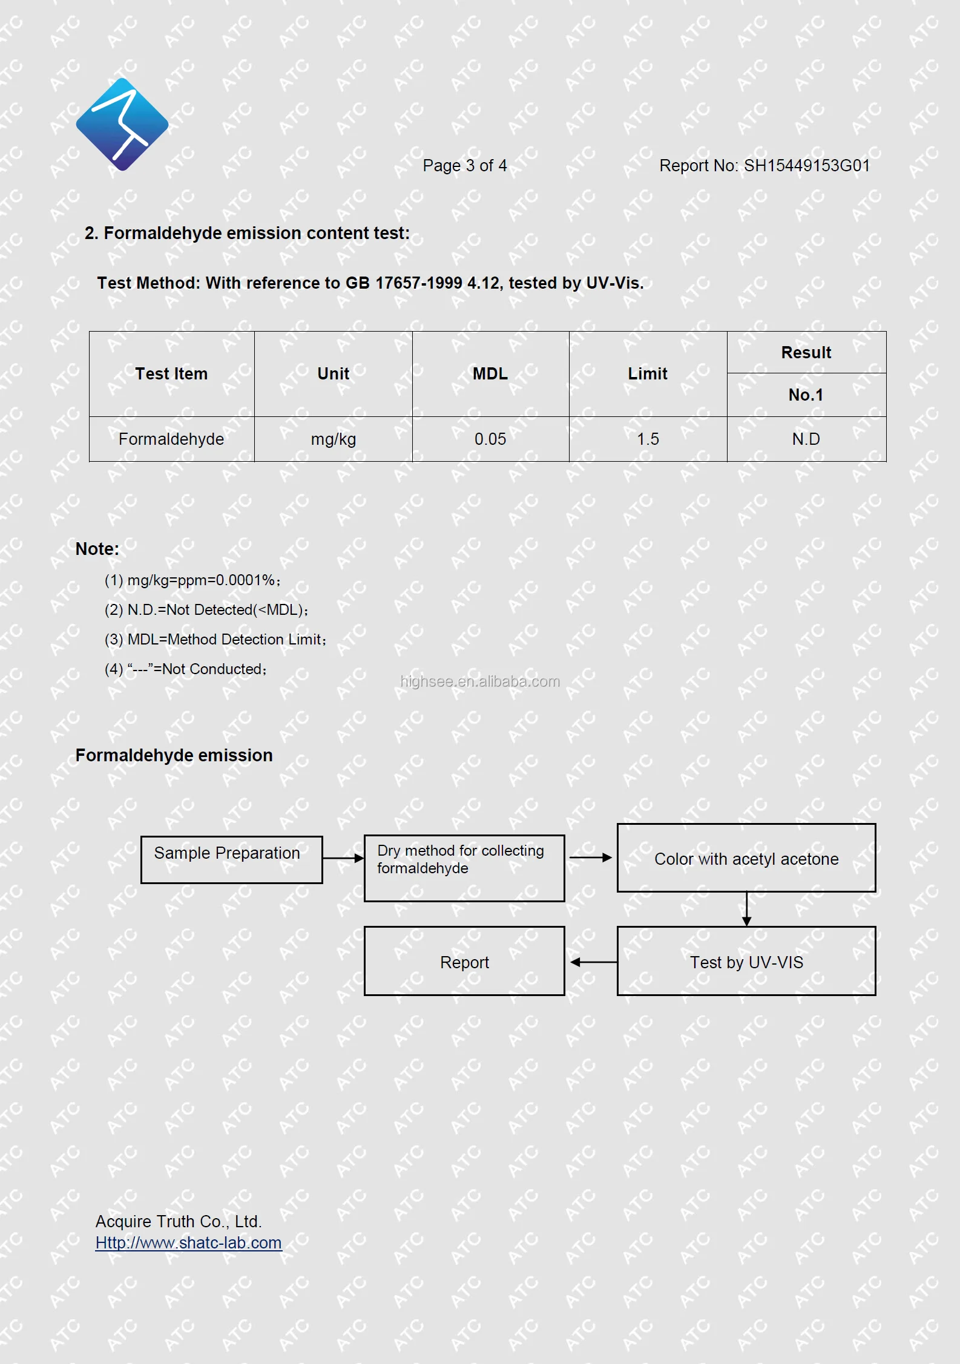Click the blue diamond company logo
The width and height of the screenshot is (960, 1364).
[x=122, y=124]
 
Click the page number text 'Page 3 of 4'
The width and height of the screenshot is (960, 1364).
[x=464, y=166]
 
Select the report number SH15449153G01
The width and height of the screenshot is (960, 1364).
[x=806, y=166]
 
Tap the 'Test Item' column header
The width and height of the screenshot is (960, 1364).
[x=171, y=374]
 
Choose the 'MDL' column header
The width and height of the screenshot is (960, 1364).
[x=490, y=374]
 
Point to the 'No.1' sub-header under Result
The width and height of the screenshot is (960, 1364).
[x=806, y=395]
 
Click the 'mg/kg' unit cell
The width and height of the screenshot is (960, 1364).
[x=334, y=439]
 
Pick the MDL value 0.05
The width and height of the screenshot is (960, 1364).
[x=490, y=439]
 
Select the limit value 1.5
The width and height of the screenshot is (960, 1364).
[x=648, y=439]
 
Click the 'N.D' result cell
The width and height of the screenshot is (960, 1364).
[x=806, y=439]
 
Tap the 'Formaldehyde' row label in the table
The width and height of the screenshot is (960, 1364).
[x=171, y=439]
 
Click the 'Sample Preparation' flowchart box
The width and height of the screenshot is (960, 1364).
[x=231, y=859]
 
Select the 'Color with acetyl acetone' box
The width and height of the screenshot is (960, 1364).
[x=746, y=858]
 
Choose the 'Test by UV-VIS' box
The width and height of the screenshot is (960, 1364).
[x=746, y=962]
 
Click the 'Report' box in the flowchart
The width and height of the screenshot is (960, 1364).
[x=464, y=962]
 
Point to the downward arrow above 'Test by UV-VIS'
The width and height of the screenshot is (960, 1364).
[x=747, y=909]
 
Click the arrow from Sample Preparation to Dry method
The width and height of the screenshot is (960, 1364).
[x=343, y=858]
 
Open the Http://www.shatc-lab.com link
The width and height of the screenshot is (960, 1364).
[x=189, y=1243]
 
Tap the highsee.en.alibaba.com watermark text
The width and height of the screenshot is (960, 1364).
[x=480, y=682]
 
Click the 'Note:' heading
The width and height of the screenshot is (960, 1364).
[x=97, y=549]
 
